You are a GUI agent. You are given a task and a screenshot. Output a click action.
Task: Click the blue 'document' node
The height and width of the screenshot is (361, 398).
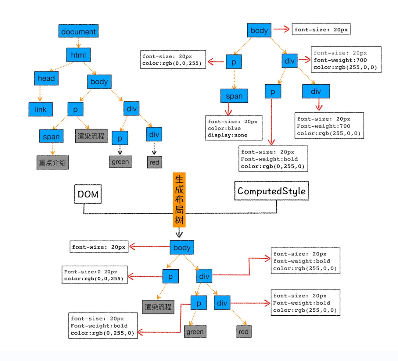[x=78, y=31]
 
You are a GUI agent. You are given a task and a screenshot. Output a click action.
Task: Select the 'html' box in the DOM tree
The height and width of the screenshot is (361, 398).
[x=78, y=55]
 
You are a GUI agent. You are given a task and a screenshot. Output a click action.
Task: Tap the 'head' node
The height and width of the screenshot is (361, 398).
[x=46, y=78]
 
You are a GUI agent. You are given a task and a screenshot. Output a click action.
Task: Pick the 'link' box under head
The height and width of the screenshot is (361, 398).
[x=41, y=109]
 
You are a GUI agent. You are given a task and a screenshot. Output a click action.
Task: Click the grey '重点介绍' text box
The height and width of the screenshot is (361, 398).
[x=53, y=162]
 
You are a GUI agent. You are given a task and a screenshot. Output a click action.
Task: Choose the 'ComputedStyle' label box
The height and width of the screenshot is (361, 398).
[x=272, y=191]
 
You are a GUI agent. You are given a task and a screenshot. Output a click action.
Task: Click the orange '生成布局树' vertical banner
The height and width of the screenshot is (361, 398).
[x=179, y=199]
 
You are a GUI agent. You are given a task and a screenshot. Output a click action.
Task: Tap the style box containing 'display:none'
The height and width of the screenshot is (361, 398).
[x=234, y=128]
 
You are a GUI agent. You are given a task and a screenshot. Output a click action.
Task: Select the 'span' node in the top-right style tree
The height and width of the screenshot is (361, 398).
[x=234, y=96]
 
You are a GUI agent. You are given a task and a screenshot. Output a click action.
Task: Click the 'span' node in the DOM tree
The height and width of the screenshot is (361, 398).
[x=51, y=137]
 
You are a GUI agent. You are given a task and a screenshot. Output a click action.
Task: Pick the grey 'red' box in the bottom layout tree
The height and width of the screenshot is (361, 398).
[x=244, y=332]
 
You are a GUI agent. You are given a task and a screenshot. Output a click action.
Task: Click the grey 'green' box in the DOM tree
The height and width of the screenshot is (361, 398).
[x=120, y=162]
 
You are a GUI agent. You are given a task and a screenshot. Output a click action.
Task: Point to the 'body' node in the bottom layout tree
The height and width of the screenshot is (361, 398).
[x=182, y=247]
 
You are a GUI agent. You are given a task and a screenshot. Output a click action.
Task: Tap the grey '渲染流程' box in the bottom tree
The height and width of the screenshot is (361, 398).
[x=158, y=307]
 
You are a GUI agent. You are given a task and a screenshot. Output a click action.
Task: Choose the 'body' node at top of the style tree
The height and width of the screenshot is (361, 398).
[x=259, y=30]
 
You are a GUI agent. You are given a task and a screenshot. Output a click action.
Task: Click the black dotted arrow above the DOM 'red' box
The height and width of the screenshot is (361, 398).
[x=154, y=149]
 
